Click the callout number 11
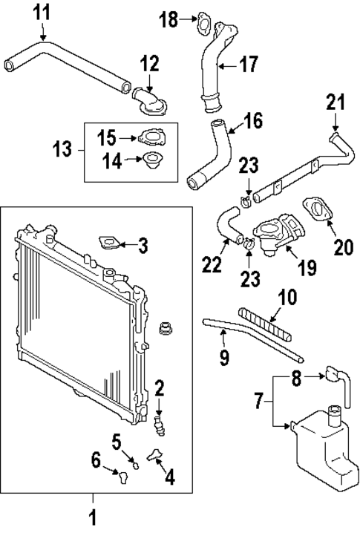coord(43,12)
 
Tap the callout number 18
coord(169,19)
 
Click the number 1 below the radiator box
coord(93,516)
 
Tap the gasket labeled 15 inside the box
coord(153,137)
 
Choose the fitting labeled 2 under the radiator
coord(158,423)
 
